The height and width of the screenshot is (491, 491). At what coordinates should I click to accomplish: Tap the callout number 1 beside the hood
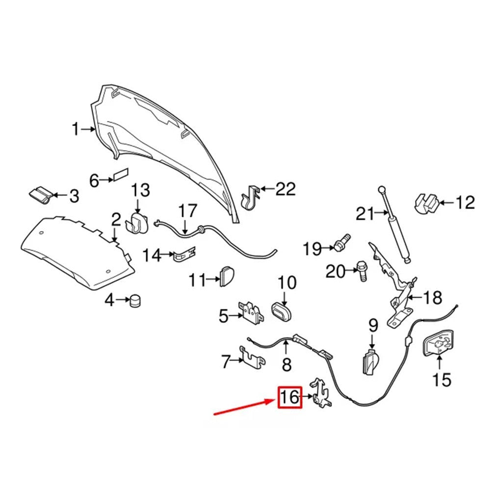(76, 129)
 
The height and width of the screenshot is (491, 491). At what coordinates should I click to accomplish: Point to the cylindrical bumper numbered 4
(135, 300)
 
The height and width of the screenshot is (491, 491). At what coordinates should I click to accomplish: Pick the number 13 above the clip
(140, 190)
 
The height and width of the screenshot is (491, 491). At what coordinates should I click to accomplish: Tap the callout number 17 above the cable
(188, 212)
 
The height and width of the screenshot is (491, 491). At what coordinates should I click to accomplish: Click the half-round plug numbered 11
(227, 276)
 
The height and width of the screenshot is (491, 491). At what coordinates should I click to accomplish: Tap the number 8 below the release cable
(286, 364)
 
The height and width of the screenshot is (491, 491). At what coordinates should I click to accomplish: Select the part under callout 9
(371, 362)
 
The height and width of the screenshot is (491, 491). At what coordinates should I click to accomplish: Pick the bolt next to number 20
(362, 271)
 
